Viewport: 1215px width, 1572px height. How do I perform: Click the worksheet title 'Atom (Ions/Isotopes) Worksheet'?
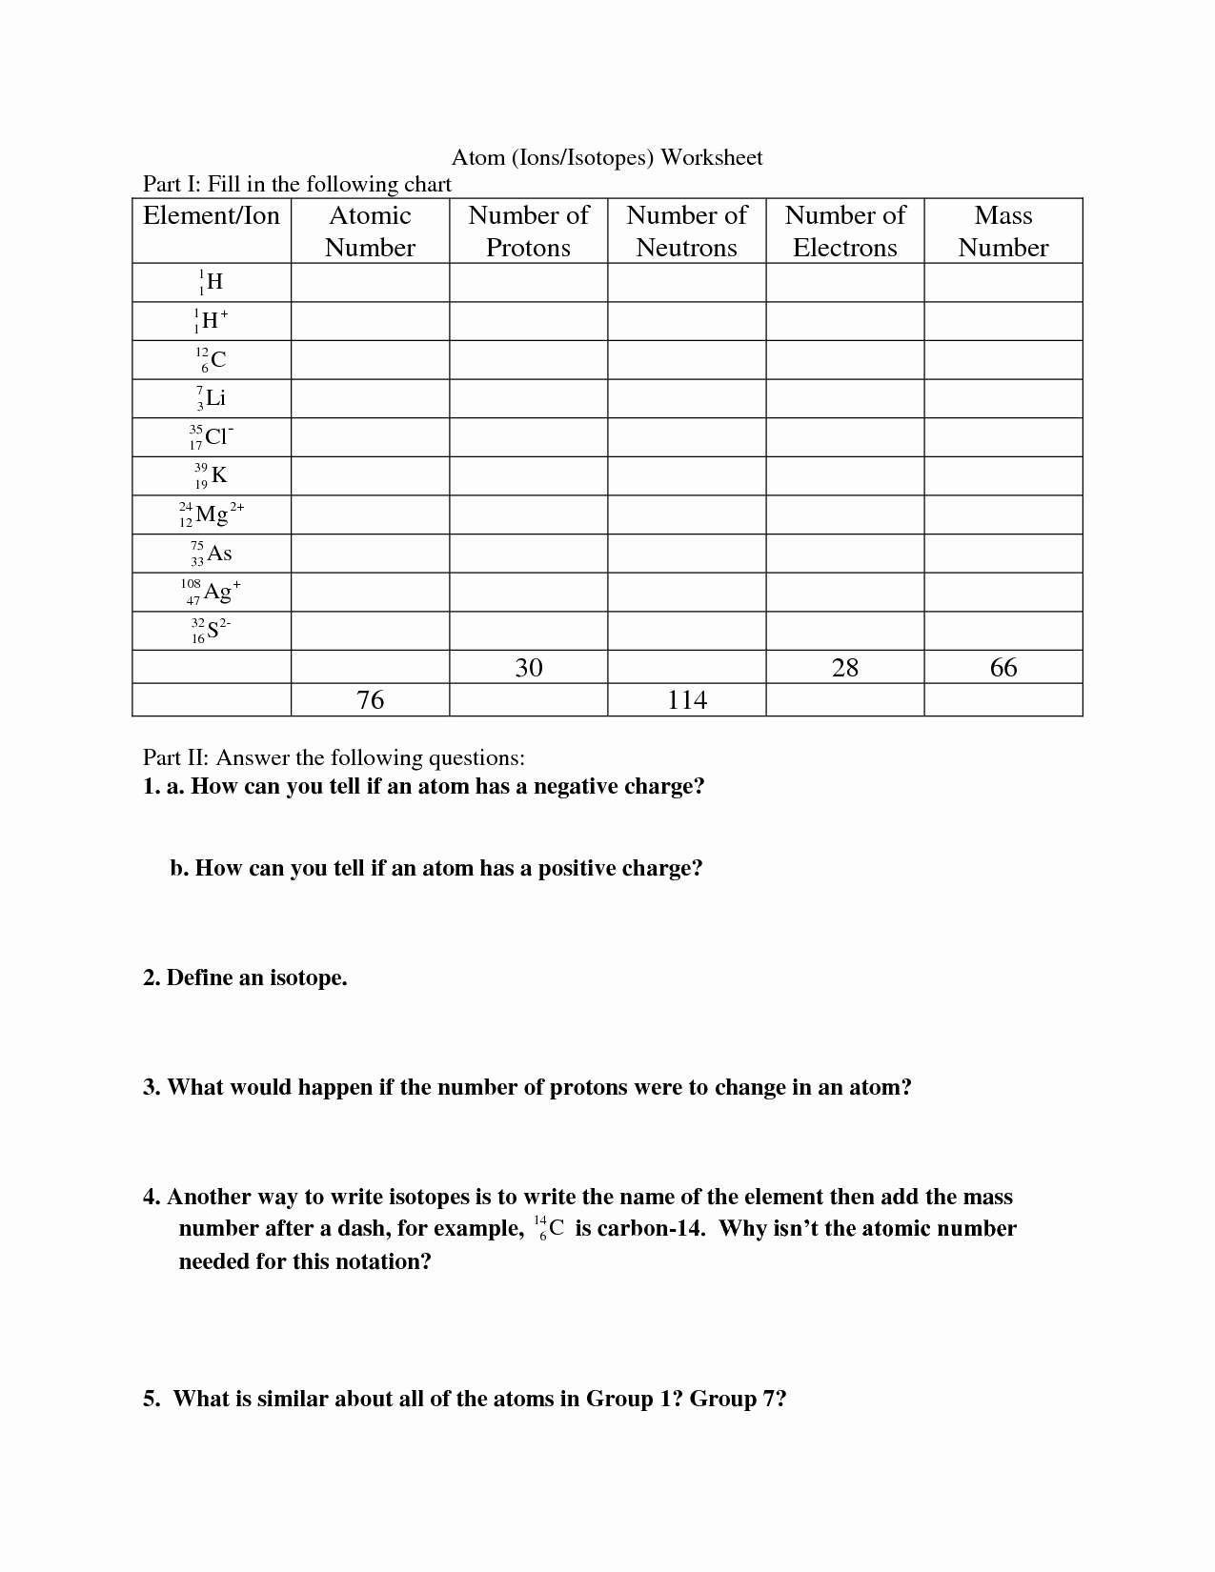[x=606, y=157]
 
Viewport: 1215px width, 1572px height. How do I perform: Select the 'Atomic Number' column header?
[x=370, y=232]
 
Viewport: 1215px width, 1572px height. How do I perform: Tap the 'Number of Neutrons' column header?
[x=686, y=232]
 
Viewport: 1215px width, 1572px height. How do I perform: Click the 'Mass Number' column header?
[x=1002, y=232]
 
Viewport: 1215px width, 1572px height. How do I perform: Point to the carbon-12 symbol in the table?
[x=212, y=360]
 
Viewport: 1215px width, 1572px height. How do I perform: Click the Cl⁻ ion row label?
[x=212, y=437]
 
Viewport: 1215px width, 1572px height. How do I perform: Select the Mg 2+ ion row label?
[x=212, y=515]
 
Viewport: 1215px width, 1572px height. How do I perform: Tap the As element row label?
[x=212, y=554]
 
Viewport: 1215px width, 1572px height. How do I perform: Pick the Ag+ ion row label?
[x=212, y=592]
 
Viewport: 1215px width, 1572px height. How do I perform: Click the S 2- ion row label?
[x=212, y=631]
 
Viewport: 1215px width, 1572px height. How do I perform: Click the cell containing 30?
[x=528, y=667]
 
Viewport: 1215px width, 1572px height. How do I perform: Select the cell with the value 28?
[x=844, y=667]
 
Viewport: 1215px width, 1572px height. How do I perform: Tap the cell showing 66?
[x=1002, y=667]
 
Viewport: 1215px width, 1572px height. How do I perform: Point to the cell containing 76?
[x=370, y=700]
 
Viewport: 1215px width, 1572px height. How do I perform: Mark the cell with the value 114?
[x=686, y=700]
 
